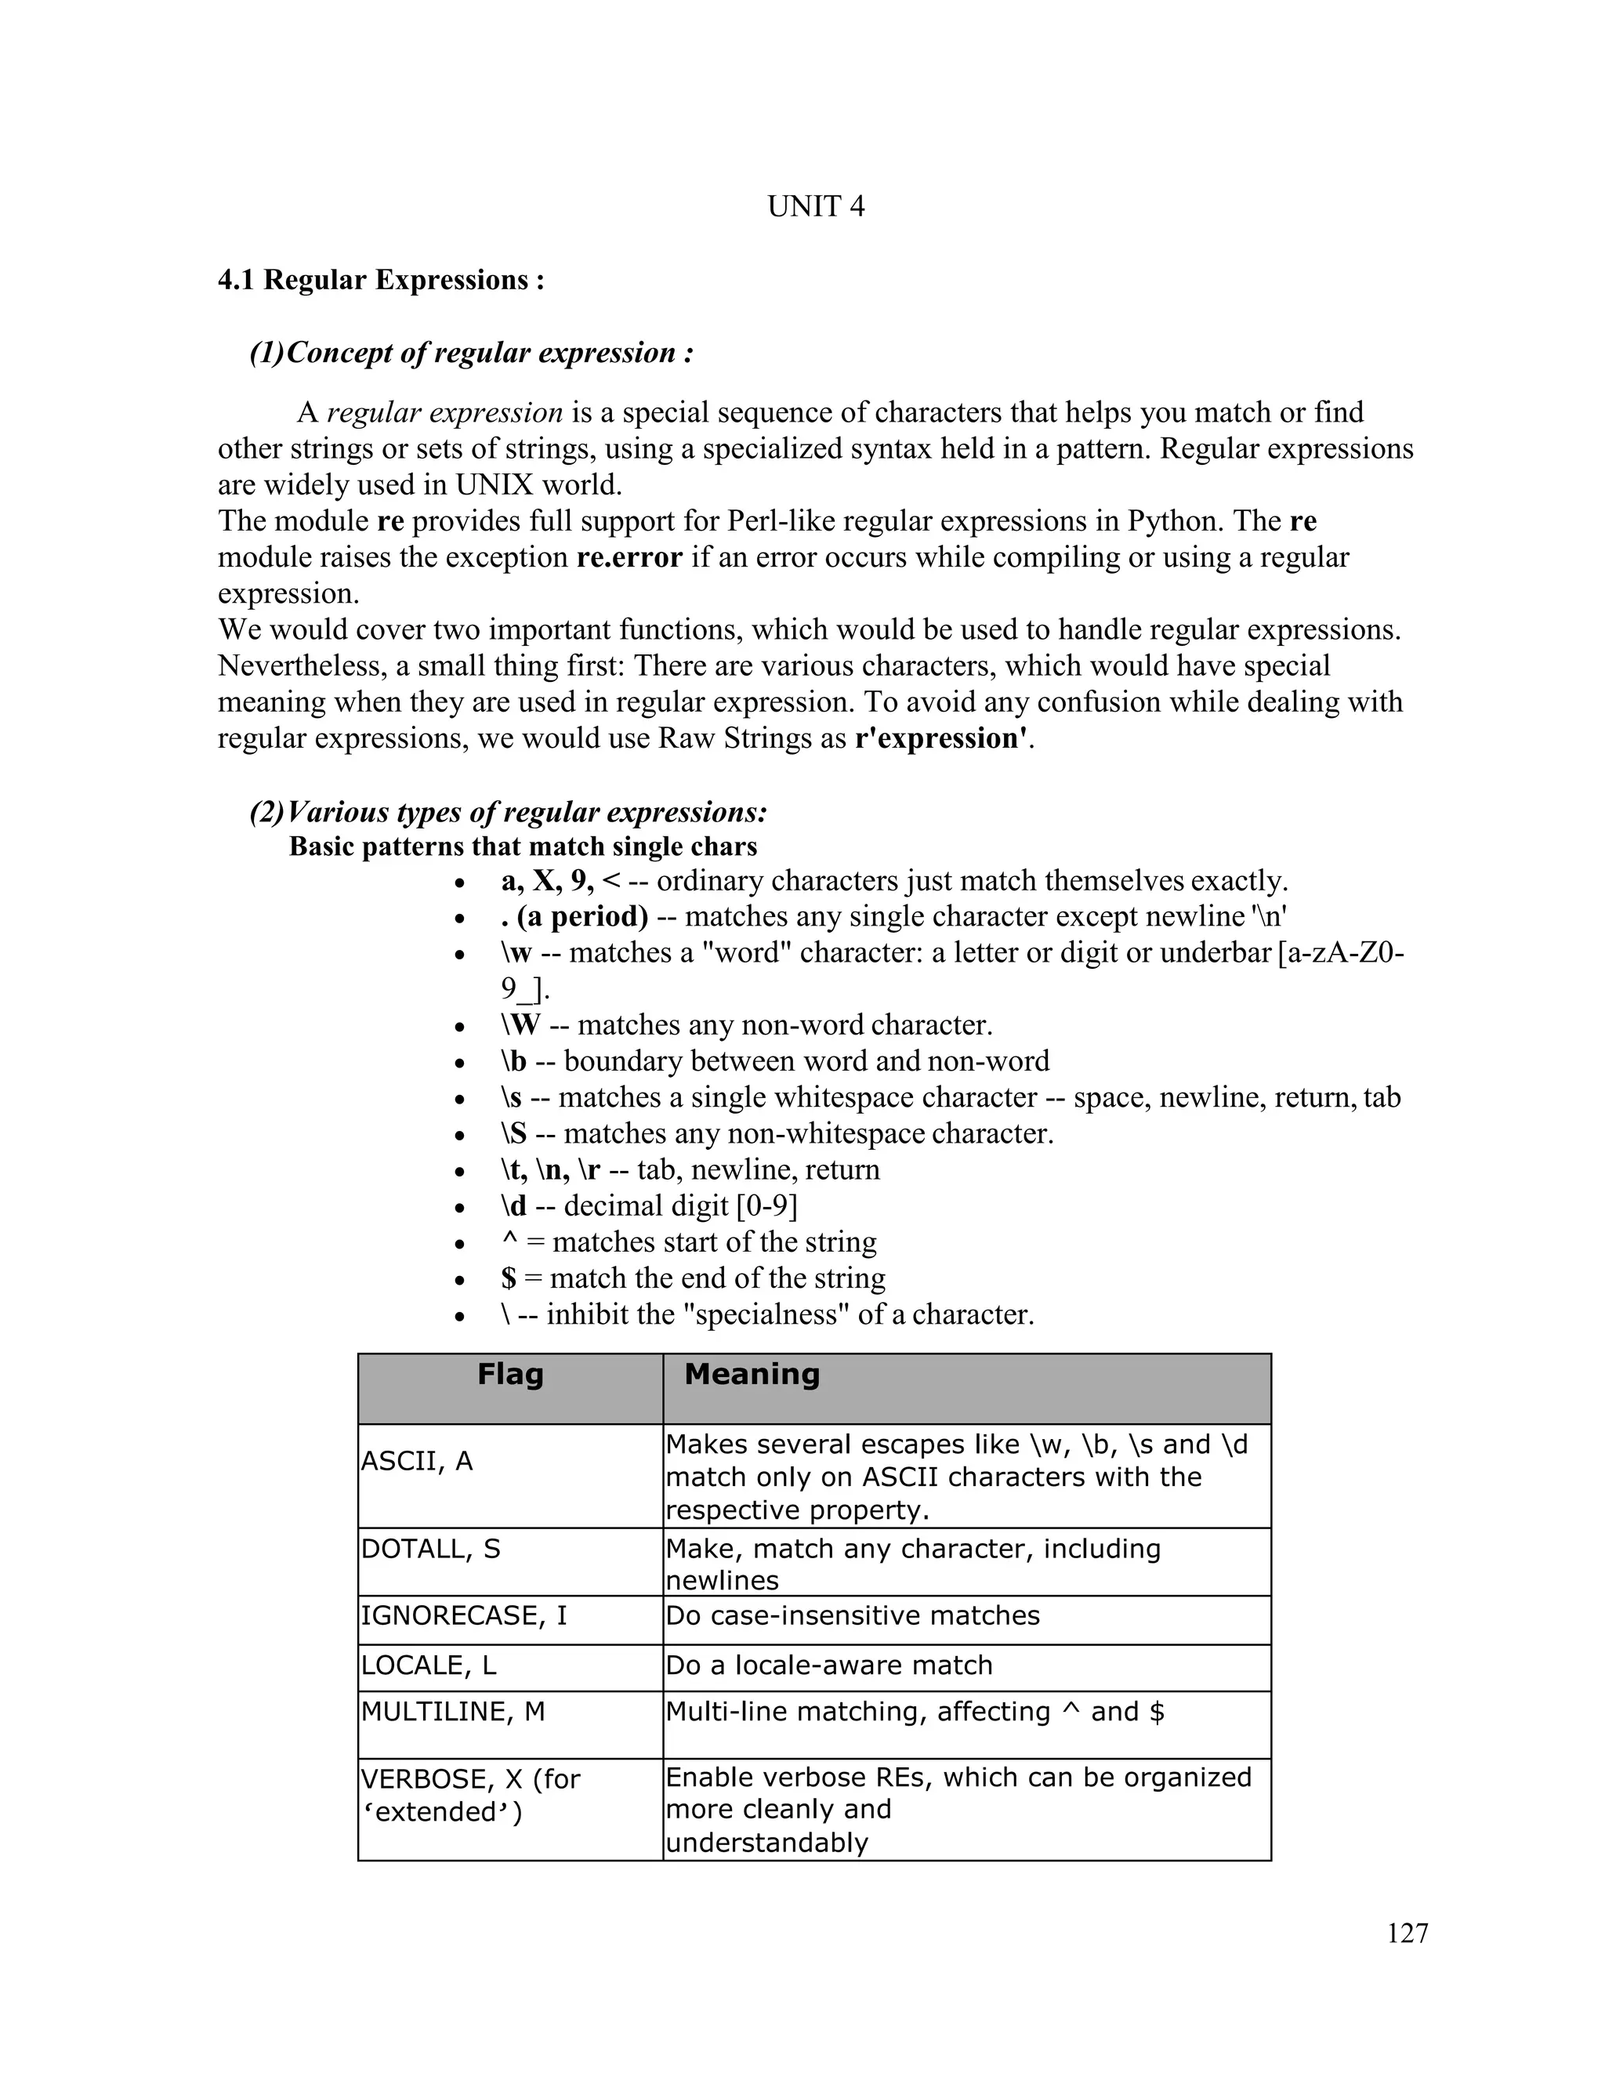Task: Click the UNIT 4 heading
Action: [816, 206]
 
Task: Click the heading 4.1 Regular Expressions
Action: [380, 280]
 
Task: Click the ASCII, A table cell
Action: [416, 1461]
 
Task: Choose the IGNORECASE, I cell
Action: [463, 1616]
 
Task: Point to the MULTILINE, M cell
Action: [453, 1712]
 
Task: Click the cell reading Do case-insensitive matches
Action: [852, 1616]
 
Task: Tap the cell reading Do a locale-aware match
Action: [828, 1666]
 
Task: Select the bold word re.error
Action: [629, 557]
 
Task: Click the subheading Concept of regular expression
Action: [489, 353]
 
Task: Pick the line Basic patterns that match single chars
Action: [523, 846]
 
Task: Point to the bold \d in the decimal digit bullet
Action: [513, 1206]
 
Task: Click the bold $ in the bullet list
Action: [508, 1278]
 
